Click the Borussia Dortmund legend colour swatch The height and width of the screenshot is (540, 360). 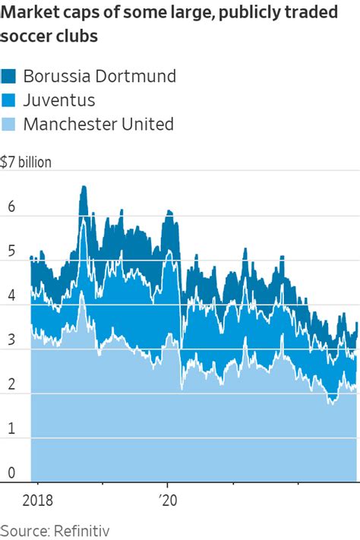pyautogui.click(x=9, y=76)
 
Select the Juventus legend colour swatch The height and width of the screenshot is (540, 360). pyautogui.click(x=9, y=99)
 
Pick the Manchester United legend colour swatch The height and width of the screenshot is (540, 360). pyautogui.click(x=9, y=124)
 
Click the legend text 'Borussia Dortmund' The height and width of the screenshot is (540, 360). pyautogui.click(x=99, y=76)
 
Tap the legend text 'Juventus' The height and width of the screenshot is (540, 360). pyautogui.click(x=58, y=99)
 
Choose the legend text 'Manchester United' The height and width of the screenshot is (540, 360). pyautogui.click(x=99, y=124)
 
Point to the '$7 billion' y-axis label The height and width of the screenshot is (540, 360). pyautogui.click(x=27, y=163)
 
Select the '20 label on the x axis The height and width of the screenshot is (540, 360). pyautogui.click(x=167, y=500)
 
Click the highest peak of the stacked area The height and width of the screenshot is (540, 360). pyautogui.click(x=83, y=186)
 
